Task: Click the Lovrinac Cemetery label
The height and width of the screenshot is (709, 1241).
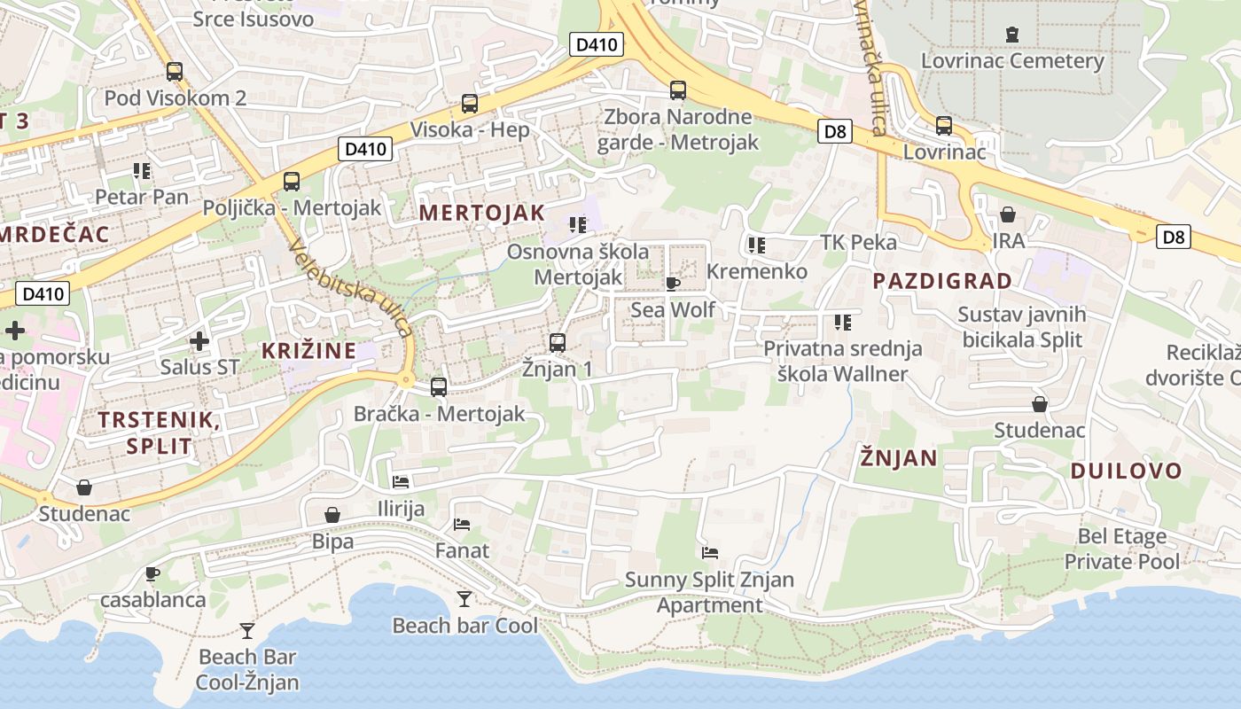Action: [1012, 61]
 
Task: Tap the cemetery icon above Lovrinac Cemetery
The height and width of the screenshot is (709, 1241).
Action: [1012, 35]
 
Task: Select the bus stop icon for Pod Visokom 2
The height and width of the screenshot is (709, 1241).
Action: [175, 72]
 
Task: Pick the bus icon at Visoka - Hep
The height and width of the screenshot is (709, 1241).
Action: [470, 104]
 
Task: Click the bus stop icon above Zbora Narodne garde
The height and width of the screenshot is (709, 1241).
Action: [678, 90]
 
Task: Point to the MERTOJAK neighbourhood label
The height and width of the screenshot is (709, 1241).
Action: [481, 213]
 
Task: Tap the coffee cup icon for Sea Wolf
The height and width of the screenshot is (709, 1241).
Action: [673, 284]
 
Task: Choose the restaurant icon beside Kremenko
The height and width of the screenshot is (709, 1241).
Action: [756, 245]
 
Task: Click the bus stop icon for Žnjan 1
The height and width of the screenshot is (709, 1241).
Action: [558, 342]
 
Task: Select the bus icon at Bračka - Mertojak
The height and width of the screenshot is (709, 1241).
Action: [439, 387]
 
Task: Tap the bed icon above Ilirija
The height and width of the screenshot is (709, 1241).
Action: [401, 482]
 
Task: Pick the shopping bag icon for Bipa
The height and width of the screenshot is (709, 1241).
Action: [332, 515]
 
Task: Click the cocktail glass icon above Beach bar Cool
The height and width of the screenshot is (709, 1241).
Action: [464, 599]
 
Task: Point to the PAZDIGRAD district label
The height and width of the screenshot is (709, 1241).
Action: [942, 281]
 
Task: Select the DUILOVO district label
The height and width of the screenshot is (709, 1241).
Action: [1126, 471]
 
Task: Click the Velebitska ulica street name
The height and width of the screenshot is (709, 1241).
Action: [351, 289]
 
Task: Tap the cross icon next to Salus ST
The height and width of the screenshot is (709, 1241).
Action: [199, 340]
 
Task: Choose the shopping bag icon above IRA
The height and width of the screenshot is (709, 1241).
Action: [1008, 214]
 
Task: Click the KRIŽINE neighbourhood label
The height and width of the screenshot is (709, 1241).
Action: [308, 350]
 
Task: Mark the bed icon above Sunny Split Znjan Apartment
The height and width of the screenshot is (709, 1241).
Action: [710, 553]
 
